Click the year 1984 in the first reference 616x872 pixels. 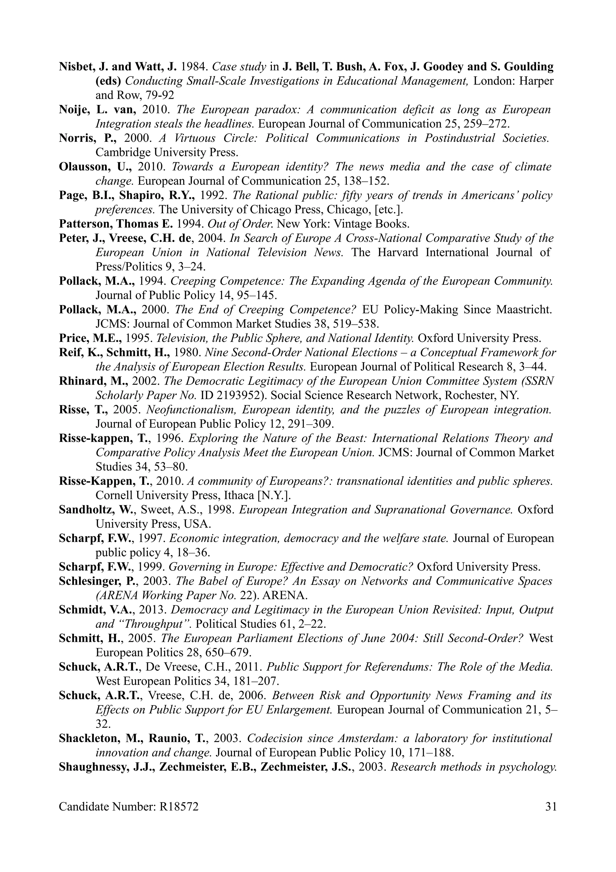point(194,67)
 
